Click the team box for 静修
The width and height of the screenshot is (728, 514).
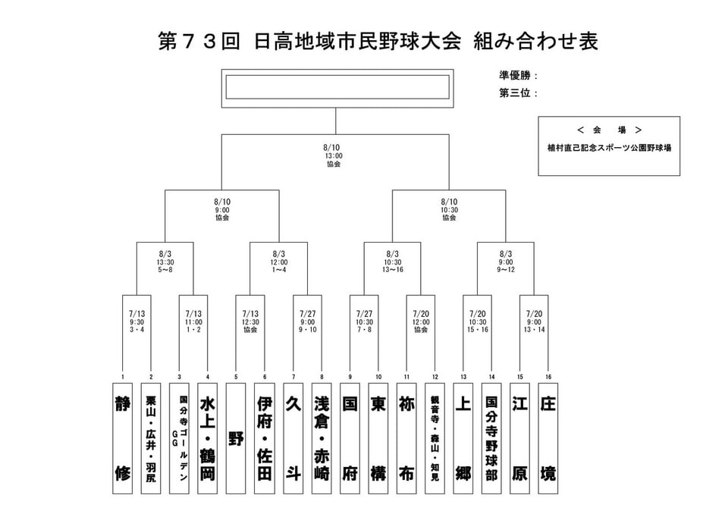point(123,438)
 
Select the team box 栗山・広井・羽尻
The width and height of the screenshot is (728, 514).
point(151,438)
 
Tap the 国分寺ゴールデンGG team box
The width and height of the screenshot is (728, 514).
point(179,438)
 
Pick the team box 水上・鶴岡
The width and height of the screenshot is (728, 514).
point(208,438)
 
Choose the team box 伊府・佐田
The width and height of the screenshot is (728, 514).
point(265,438)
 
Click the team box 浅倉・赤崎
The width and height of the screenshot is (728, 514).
point(322,438)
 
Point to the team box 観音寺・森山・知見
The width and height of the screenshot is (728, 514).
point(435,438)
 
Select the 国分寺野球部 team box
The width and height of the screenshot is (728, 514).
point(491,438)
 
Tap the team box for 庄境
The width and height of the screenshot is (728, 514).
point(548,438)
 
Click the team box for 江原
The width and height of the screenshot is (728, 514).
point(519,438)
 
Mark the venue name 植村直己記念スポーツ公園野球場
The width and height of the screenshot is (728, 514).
point(609,148)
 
